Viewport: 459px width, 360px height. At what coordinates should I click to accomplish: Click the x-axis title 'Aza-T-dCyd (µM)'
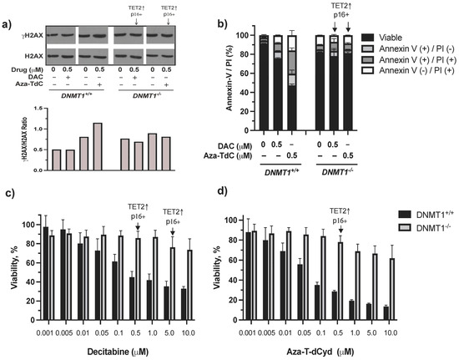[x=342, y=352]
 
